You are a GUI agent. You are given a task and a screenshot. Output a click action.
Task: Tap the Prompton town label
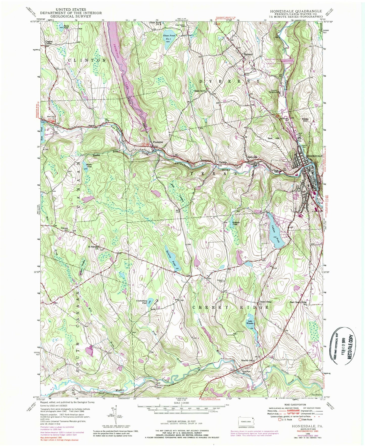coord(158,142)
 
